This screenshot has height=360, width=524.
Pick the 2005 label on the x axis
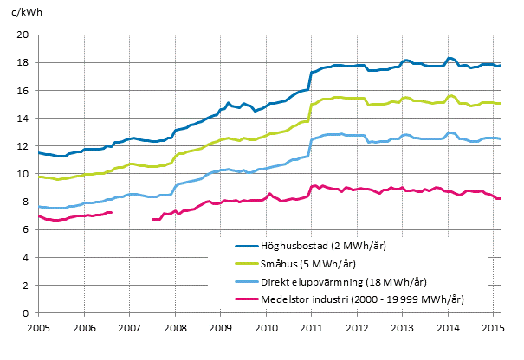pos(39,329)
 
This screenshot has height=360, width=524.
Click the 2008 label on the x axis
pos(175,329)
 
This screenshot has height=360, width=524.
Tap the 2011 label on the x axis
pos(311,329)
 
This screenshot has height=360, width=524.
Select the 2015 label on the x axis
pos(493,329)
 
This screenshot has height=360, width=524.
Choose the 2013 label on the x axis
pos(402,329)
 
